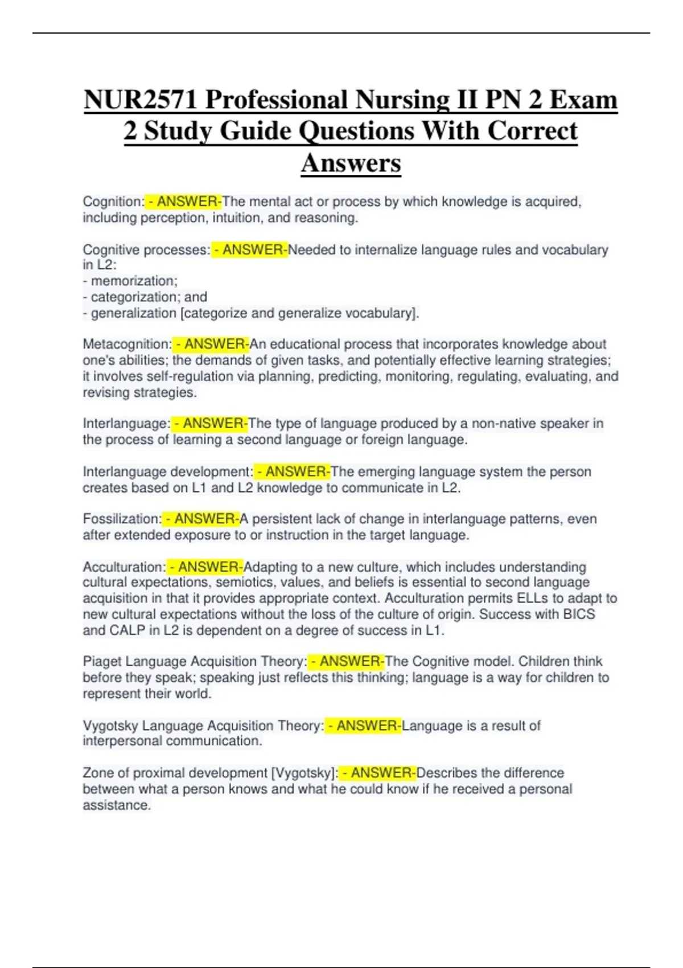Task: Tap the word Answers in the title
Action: [351, 163]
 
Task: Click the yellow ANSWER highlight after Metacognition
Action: [211, 344]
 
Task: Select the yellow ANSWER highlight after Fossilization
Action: [201, 519]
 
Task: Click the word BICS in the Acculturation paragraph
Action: [579, 614]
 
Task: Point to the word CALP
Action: [127, 630]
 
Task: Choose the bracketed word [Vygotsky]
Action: [305, 773]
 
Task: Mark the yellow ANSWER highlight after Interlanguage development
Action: [292, 471]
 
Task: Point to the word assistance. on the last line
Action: [117, 805]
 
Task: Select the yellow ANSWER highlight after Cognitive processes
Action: [250, 250]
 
